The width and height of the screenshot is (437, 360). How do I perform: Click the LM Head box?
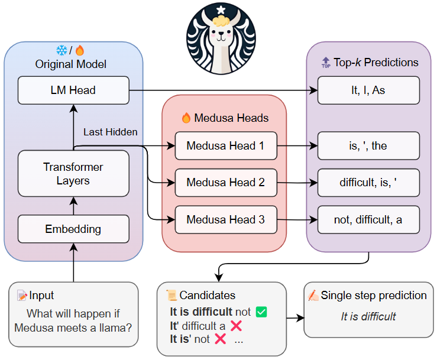[x=73, y=90]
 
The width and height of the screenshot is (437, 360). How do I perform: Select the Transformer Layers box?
[x=73, y=173]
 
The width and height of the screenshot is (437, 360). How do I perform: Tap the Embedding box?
[x=73, y=229]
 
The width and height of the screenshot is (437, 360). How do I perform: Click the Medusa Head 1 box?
[x=225, y=145]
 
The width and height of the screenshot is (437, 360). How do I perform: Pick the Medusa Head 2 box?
[x=225, y=182]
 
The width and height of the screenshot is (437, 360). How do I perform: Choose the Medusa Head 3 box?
[x=225, y=219]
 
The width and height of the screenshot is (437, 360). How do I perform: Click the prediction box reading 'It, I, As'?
[x=368, y=90]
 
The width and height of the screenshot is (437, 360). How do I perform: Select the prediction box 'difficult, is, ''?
[x=368, y=183]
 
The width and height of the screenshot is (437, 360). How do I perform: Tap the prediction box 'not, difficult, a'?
[x=368, y=220]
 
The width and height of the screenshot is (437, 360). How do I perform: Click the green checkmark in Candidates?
[x=261, y=311]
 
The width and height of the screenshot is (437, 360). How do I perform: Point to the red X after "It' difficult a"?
[x=236, y=325]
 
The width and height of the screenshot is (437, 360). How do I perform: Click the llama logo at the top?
[x=221, y=38]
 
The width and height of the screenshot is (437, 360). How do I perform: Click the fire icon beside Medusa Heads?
[x=186, y=118]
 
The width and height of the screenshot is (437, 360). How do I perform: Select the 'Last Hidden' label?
[x=110, y=132]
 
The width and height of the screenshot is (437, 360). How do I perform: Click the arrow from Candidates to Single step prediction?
[x=295, y=317]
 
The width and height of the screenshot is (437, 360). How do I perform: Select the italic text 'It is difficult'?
[x=368, y=316]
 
